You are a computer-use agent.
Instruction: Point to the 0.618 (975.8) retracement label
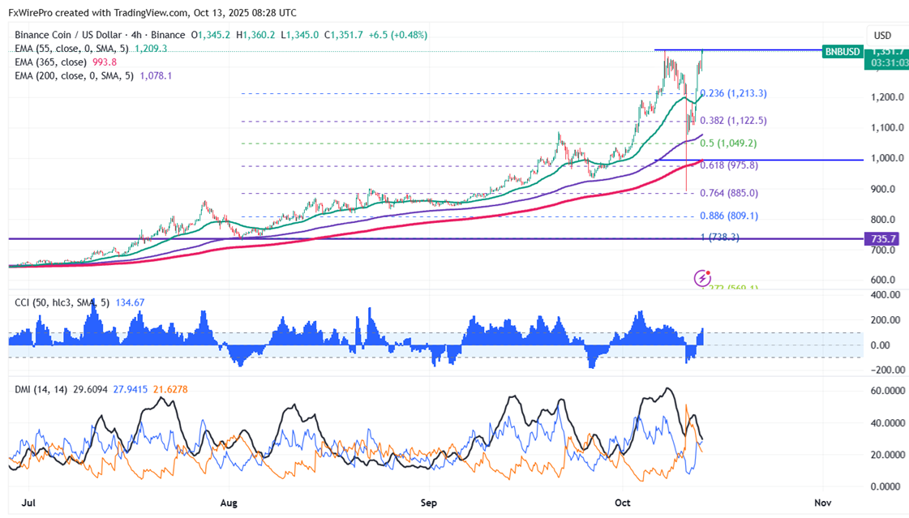(728, 165)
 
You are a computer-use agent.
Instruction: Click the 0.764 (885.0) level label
(728, 193)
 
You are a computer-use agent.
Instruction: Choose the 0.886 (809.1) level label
(728, 216)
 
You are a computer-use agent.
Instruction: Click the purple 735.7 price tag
(883, 239)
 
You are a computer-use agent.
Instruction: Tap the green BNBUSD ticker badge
(841, 51)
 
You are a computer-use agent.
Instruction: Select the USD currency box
(882, 36)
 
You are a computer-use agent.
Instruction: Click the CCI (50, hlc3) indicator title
(62, 303)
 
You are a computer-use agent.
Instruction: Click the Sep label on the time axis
(429, 503)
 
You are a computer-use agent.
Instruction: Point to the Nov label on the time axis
(823, 503)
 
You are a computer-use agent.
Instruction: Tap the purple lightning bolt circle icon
(702, 279)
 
